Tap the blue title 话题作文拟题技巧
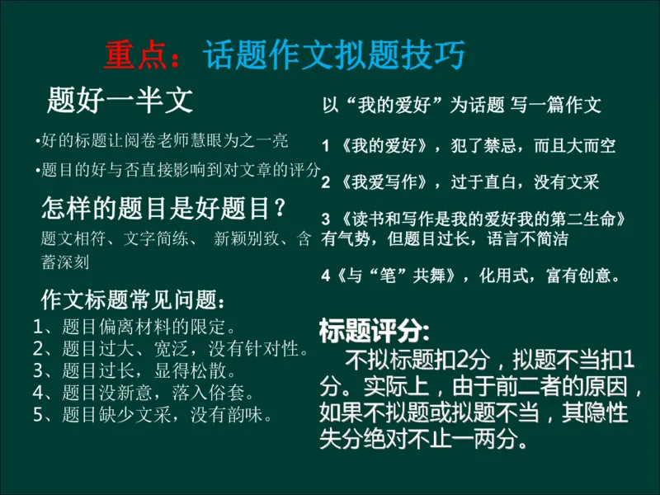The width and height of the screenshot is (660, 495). [333, 55]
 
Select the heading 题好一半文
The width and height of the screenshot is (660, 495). [120, 100]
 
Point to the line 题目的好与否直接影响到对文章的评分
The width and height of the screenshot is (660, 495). [178, 171]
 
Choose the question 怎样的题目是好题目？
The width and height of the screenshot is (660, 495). [165, 209]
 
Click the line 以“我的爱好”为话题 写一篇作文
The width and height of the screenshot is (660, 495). [461, 105]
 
